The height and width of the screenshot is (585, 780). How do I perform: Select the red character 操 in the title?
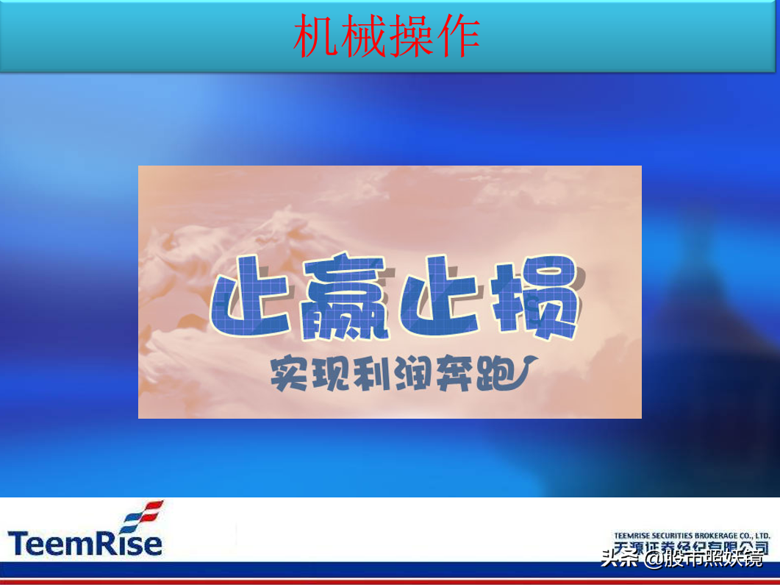[x=410, y=37]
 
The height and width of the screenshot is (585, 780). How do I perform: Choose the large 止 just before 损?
[x=440, y=297]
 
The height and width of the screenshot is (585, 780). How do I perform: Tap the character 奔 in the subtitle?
[x=449, y=373]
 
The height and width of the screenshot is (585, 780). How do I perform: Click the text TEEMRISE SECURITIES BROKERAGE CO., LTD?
[x=691, y=536]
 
